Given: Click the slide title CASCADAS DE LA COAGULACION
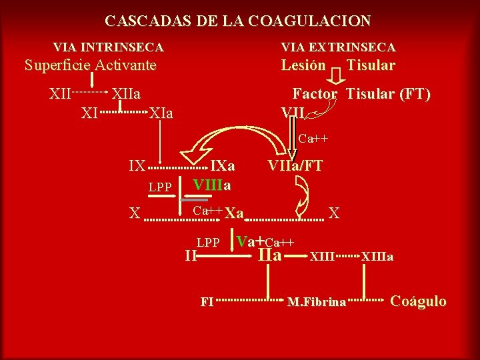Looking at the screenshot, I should (x=237, y=21).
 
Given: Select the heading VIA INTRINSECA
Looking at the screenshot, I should (x=108, y=47).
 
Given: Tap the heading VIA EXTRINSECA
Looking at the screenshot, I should (x=338, y=47).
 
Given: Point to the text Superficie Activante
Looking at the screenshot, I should (x=90, y=65).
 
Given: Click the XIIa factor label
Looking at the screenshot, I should (x=125, y=93).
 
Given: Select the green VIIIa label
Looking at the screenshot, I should (x=212, y=184).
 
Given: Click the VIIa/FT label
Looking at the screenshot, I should (x=295, y=165).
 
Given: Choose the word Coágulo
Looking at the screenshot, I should (x=418, y=301).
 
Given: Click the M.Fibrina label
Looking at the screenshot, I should (x=317, y=303).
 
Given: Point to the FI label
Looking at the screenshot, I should (x=207, y=301).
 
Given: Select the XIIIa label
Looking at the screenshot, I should (x=377, y=256).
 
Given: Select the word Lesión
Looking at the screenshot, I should (x=303, y=65).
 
